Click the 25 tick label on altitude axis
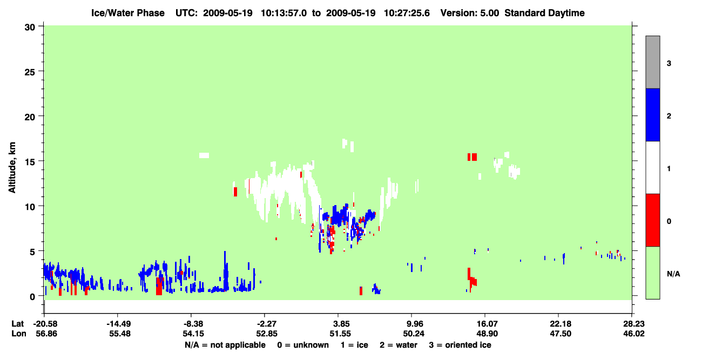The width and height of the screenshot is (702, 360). pyautogui.click(x=30, y=72)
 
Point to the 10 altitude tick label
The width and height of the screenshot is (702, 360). pyautogui.click(x=30, y=207)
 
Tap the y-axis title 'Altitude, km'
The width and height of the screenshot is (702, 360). pyautogui.click(x=12, y=168)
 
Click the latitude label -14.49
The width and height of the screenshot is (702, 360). pyautogui.click(x=118, y=324)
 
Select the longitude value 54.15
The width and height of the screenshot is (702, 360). pyautogui.click(x=193, y=334)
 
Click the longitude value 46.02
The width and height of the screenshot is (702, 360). pyautogui.click(x=634, y=334)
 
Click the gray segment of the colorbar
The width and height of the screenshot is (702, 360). pyautogui.click(x=653, y=62)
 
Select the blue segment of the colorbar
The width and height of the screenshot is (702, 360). pyautogui.click(x=653, y=114)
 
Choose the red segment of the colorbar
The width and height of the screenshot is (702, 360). pyautogui.click(x=653, y=220)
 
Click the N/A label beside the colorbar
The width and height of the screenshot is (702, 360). pyautogui.click(x=673, y=274)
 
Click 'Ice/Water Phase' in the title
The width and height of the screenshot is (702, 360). pyautogui.click(x=128, y=13)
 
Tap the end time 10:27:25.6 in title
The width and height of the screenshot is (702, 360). pyautogui.click(x=407, y=13)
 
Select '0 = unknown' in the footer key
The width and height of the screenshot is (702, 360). pyautogui.click(x=303, y=345)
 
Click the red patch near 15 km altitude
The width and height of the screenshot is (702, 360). pyautogui.click(x=472, y=157)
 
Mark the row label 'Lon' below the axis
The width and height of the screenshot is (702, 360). pyautogui.click(x=19, y=334)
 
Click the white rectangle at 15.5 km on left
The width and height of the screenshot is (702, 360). pyautogui.click(x=204, y=155)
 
